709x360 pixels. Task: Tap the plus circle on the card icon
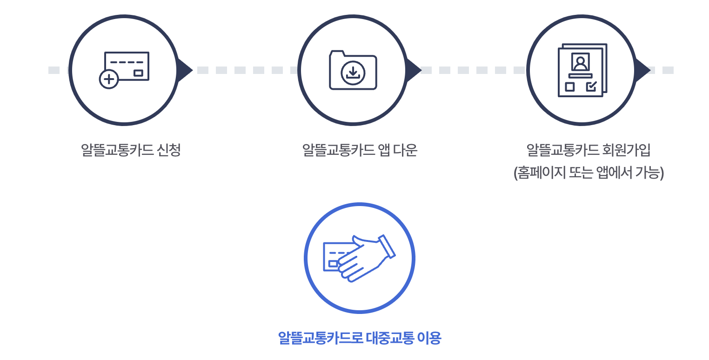point(109,79)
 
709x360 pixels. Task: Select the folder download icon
point(353,70)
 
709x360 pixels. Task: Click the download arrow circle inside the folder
point(353,73)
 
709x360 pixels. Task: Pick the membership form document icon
point(582,70)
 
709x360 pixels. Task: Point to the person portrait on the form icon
point(580,62)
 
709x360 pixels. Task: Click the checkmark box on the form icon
point(591,86)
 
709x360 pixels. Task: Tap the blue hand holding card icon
point(359,258)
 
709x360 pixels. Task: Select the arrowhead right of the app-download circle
point(414,70)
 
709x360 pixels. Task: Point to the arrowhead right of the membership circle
point(642,70)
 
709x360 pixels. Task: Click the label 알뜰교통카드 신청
point(131,150)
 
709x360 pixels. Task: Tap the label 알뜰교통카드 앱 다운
point(360,150)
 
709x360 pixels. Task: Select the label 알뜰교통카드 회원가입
point(588,150)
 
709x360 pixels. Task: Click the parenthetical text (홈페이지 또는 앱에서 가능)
point(588,173)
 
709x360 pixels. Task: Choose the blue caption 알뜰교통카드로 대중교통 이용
point(359,338)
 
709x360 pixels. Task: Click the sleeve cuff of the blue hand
point(387,247)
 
